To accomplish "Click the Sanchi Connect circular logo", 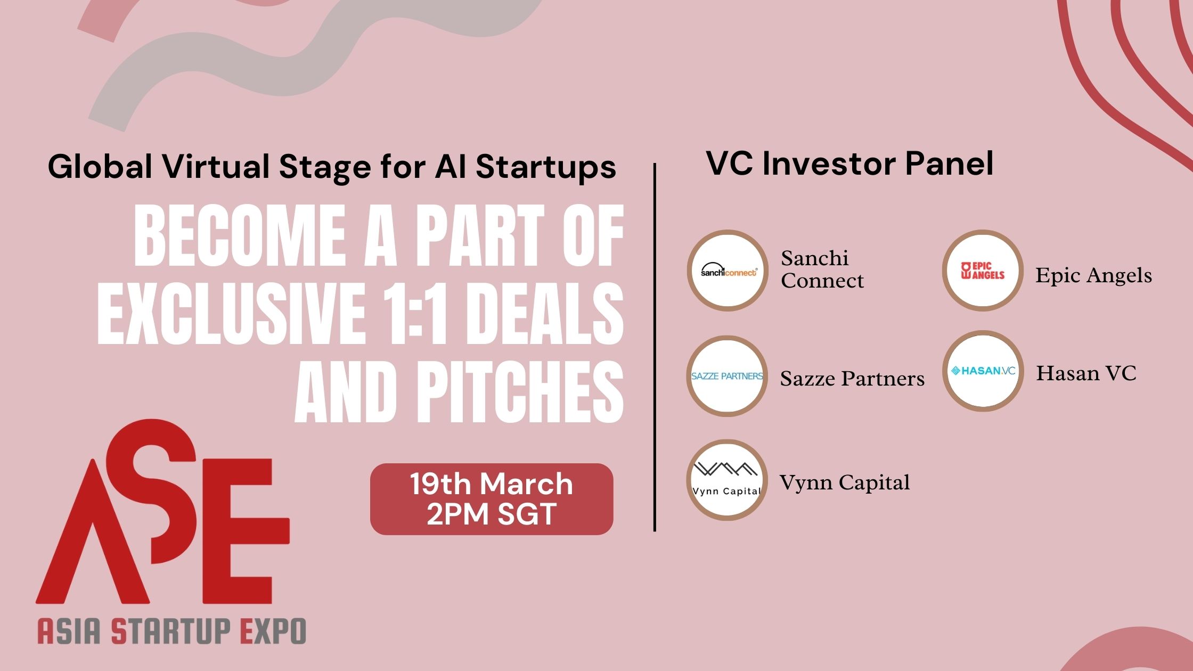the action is coord(728,271).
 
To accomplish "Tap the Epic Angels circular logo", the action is coord(983,271).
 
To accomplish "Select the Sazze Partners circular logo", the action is coord(727,376).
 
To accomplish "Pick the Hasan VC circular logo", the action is coord(983,371).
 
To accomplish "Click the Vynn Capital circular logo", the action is coord(727,480).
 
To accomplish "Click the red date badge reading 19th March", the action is coord(492,499).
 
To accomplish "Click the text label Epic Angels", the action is coord(1093,275).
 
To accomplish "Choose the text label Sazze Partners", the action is coord(852,379).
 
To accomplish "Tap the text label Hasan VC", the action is coord(1086,373).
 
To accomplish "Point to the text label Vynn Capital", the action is coord(845,483).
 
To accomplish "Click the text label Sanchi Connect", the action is coord(822,269).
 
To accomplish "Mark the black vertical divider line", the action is coord(655,347).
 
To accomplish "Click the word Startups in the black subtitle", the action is coord(546,167).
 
